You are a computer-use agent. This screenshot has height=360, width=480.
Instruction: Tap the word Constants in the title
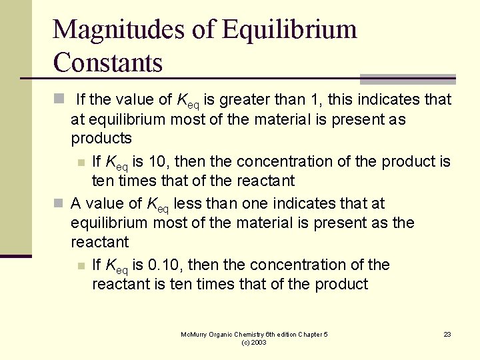tap(107, 63)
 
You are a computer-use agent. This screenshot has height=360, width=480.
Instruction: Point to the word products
tap(101, 139)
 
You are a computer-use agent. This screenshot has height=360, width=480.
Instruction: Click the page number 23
tap(447, 334)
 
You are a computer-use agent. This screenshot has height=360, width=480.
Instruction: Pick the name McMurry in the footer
tap(195, 334)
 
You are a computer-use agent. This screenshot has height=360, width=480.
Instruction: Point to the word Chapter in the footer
tap(310, 334)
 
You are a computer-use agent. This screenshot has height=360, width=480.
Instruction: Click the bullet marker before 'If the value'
tap(58, 100)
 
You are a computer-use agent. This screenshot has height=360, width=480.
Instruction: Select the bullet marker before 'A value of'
tap(58, 203)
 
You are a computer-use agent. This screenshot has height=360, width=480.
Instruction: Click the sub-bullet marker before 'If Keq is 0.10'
tap(81, 266)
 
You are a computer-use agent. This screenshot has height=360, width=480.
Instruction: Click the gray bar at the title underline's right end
tap(407, 79)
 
